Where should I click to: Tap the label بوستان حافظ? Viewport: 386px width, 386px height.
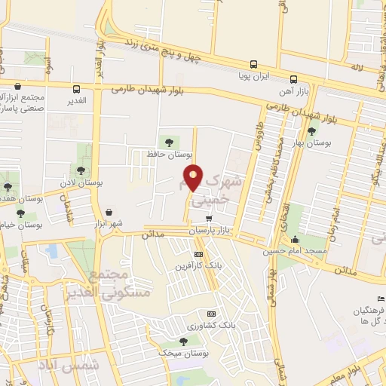(167, 154)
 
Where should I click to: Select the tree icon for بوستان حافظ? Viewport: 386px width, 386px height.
(167, 141)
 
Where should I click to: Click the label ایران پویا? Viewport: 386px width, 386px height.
(253, 77)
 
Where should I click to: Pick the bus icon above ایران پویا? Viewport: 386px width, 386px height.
(253, 65)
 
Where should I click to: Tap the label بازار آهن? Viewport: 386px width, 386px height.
(293, 90)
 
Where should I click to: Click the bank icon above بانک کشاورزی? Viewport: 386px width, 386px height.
(212, 314)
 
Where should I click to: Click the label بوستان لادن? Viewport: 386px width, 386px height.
(82, 183)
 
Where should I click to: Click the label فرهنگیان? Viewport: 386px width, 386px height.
(372, 310)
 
